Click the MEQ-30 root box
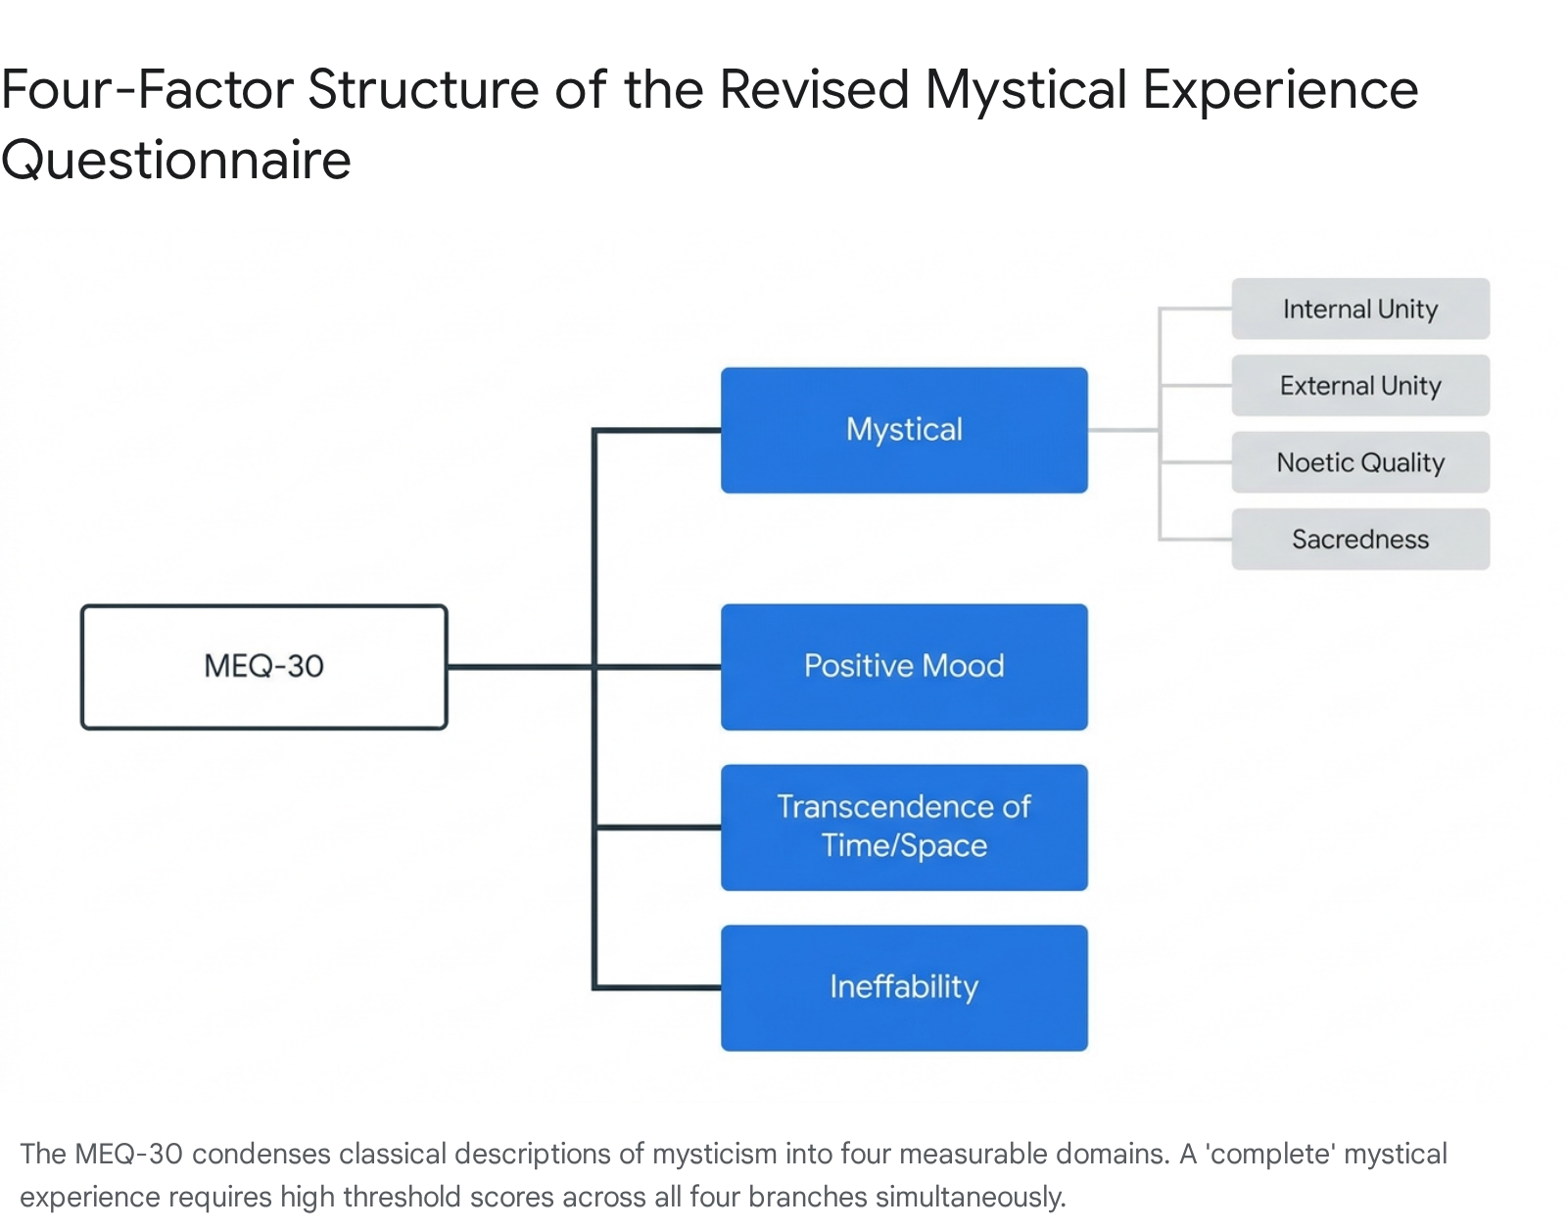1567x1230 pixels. click(x=263, y=667)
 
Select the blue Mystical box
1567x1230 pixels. click(x=904, y=431)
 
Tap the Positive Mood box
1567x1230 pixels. click(x=904, y=667)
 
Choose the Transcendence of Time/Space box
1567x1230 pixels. click(x=904, y=827)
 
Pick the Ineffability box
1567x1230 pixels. click(x=904, y=988)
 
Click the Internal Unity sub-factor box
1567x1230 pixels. click(x=1360, y=308)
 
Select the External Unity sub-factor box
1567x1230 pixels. click(x=1360, y=386)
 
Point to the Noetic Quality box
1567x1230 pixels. click(x=1360, y=462)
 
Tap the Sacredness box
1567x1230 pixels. click(x=1360, y=540)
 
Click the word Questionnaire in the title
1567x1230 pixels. click(x=176, y=160)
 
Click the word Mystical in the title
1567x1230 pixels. click(x=1026, y=91)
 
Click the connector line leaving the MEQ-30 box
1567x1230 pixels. click(x=519, y=667)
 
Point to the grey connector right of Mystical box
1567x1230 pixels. click(x=1123, y=431)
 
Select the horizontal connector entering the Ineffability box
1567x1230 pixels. click(x=658, y=988)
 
